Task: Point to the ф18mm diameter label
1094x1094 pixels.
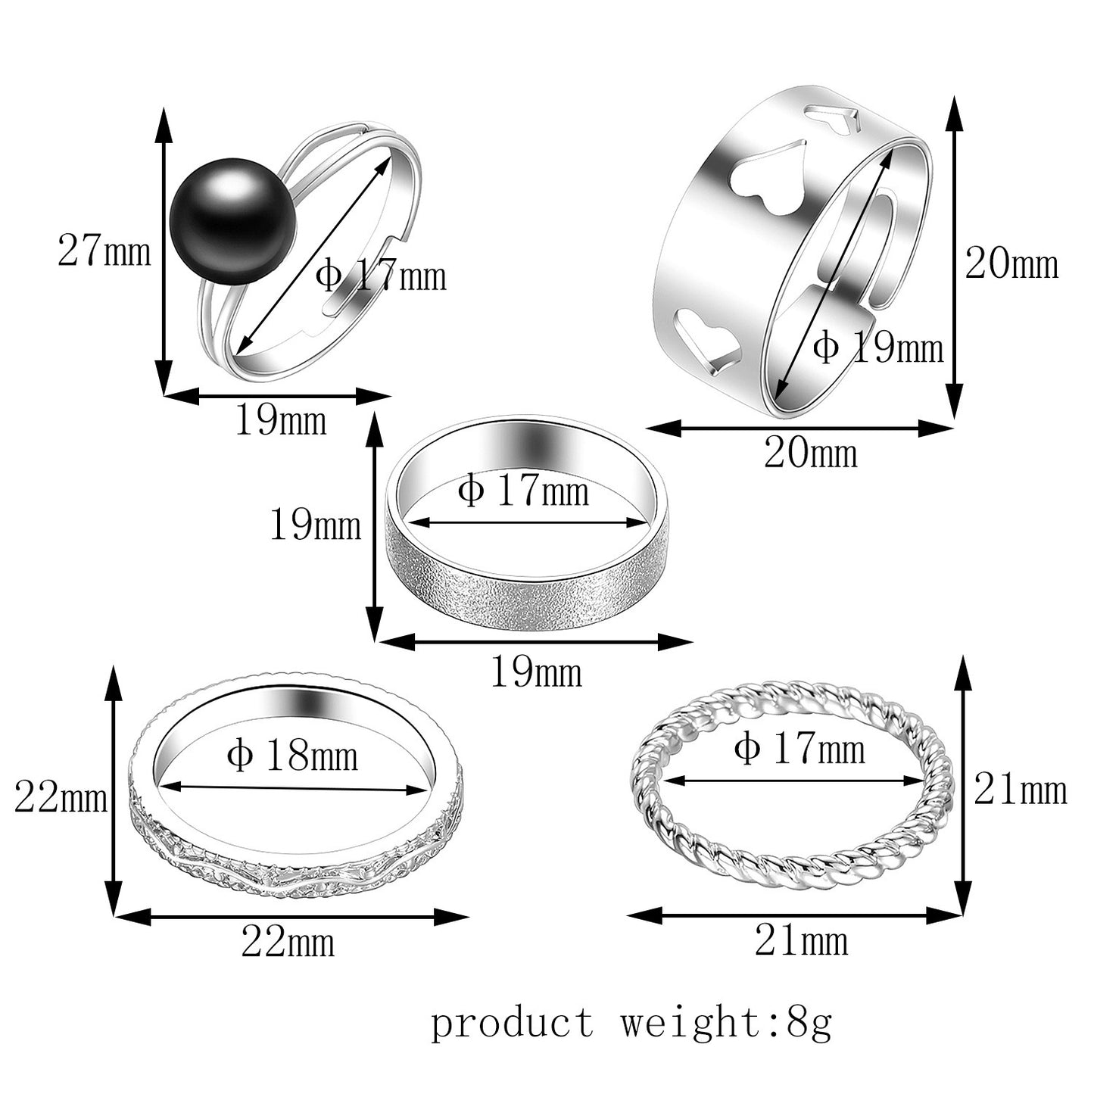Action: [x=292, y=756]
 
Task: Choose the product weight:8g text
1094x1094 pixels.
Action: [x=631, y=1023]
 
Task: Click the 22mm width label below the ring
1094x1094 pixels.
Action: [x=288, y=943]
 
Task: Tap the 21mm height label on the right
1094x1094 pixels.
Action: [x=1020, y=790]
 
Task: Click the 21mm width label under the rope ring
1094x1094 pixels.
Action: [x=801, y=941]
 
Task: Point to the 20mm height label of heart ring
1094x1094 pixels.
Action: [x=1011, y=264]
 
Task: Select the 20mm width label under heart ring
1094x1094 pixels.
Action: [x=810, y=453]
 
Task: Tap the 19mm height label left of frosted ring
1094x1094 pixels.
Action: [x=316, y=525]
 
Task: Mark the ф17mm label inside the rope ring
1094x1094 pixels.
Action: [x=799, y=750]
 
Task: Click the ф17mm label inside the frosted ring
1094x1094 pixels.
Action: [x=523, y=491]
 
